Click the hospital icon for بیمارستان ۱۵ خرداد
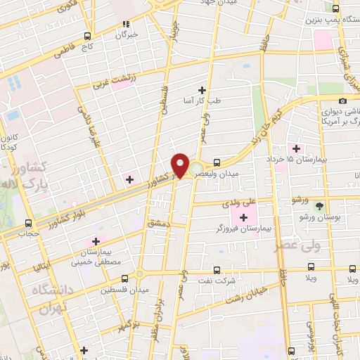tap(296, 148)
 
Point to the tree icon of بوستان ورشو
tap(321, 207)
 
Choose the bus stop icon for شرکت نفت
tap(215, 269)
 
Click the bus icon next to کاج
tap(87, 36)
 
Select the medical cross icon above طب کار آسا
tap(202, 89)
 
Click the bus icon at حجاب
tap(27, 221)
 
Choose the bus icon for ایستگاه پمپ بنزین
tap(335, 9)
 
